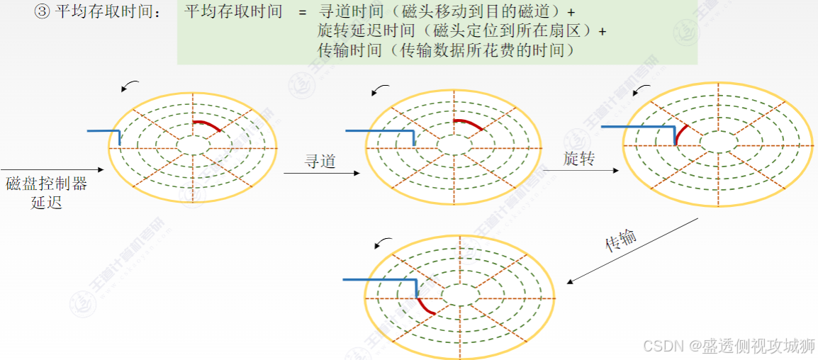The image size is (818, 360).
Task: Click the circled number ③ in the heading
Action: click(x=42, y=13)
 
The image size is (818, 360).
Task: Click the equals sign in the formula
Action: click(x=303, y=13)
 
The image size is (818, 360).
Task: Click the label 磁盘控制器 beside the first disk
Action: click(x=46, y=184)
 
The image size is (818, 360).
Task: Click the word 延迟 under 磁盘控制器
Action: click(x=46, y=203)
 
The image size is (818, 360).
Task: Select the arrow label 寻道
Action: click(x=320, y=162)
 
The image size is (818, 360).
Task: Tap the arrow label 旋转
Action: click(x=579, y=158)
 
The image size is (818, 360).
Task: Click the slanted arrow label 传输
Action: click(x=620, y=241)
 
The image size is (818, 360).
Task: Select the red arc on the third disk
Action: click(x=681, y=133)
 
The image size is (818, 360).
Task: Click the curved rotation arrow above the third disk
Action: click(x=641, y=89)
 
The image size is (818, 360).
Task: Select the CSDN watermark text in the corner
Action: click(x=728, y=345)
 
